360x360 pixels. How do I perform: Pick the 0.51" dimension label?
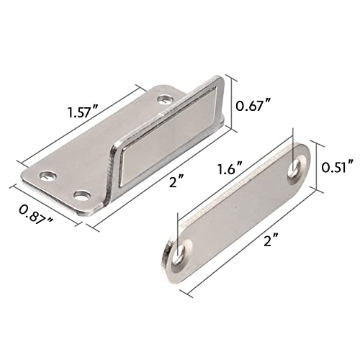pyautogui.click(x=338, y=167)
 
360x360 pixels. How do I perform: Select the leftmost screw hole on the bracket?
pyautogui.click(x=48, y=174)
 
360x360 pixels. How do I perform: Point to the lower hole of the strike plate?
pyautogui.click(x=179, y=251)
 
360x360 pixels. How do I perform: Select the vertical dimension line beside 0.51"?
pyautogui.click(x=318, y=167)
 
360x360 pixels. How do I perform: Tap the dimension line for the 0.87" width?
pyautogui.click(x=43, y=206)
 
